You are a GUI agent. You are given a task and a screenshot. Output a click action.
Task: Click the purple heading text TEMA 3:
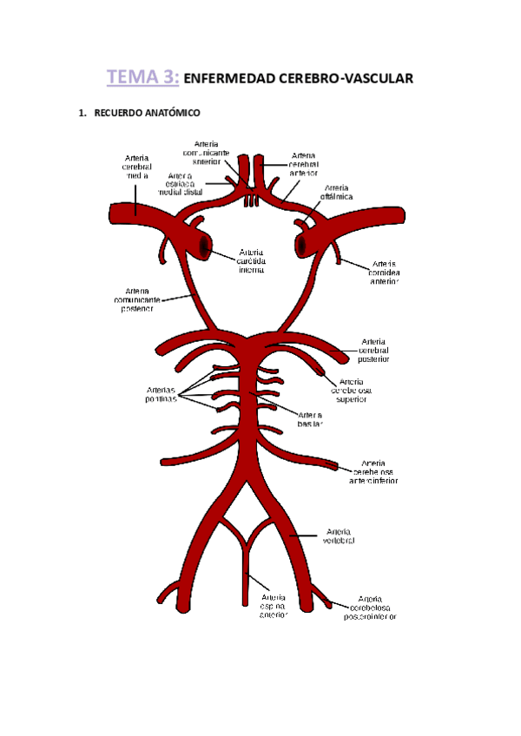[143, 78]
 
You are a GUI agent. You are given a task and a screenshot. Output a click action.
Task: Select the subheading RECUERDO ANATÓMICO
[143, 114]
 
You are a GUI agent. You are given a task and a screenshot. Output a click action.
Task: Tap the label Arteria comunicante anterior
[207, 152]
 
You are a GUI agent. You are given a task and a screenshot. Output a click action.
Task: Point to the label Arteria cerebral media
[137, 166]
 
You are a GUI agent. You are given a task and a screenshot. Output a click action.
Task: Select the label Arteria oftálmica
[338, 192]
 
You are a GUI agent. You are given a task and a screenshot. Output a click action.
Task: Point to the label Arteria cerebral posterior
[374, 350]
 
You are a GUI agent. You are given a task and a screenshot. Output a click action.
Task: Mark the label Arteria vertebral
[339, 535]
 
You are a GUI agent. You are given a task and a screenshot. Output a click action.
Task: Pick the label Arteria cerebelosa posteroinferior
[371, 608]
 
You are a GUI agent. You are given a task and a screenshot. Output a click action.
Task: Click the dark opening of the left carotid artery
[203, 246]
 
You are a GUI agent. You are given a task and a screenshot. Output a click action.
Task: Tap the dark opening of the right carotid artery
[304, 246]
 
